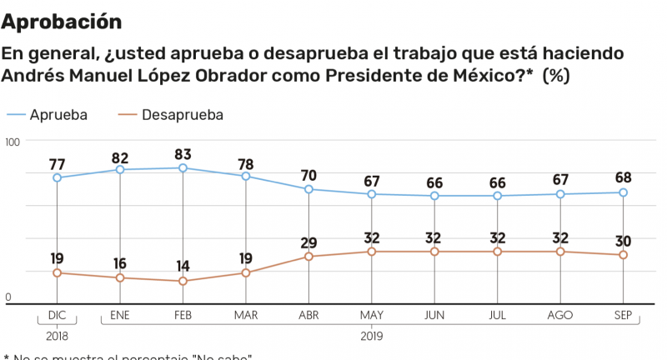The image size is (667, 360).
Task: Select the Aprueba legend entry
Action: point(58,114)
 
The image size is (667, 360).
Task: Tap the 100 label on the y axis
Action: point(12,142)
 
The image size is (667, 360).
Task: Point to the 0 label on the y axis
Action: point(9,297)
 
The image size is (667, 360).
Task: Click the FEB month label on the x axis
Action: point(183,316)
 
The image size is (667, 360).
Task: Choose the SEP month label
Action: point(624,316)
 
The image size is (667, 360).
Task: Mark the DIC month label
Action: point(57,316)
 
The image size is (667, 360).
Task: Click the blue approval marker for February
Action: point(183,168)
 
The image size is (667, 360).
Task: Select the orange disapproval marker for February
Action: point(183,281)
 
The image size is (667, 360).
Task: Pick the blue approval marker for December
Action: point(57,177)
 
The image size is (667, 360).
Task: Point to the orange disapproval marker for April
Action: point(308,257)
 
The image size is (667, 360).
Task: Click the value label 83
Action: point(183,153)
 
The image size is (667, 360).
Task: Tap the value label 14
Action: point(183,266)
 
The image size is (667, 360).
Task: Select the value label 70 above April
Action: point(308,175)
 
